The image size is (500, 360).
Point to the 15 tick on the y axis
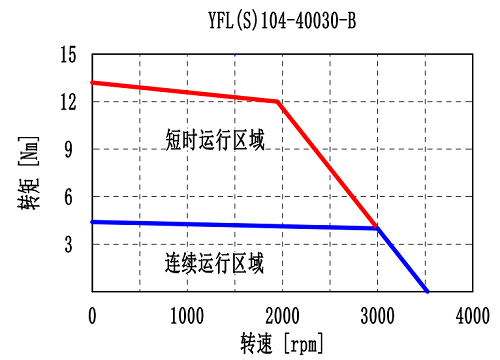[x=68, y=54]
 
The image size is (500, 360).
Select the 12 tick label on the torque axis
[x=68, y=102]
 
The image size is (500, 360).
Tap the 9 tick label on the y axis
[x=73, y=149]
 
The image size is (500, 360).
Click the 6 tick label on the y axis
[x=73, y=197]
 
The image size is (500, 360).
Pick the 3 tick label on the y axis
[x=73, y=244]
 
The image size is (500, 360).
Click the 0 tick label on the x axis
[x=92, y=315]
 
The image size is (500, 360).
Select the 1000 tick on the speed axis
[x=187, y=315]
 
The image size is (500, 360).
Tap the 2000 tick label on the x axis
[x=282, y=315]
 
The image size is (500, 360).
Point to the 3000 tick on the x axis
[x=377, y=315]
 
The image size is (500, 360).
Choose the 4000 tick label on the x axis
[x=472, y=315]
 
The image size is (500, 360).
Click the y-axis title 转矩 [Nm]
[x=30, y=172]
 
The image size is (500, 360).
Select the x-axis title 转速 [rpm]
[x=282, y=343]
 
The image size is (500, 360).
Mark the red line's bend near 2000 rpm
[x=277, y=101]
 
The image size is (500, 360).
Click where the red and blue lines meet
[x=377, y=228]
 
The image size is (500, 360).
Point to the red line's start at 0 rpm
[x=92, y=83]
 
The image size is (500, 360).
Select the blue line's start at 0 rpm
[x=92, y=222]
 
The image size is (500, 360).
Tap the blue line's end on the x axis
[x=427, y=291]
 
